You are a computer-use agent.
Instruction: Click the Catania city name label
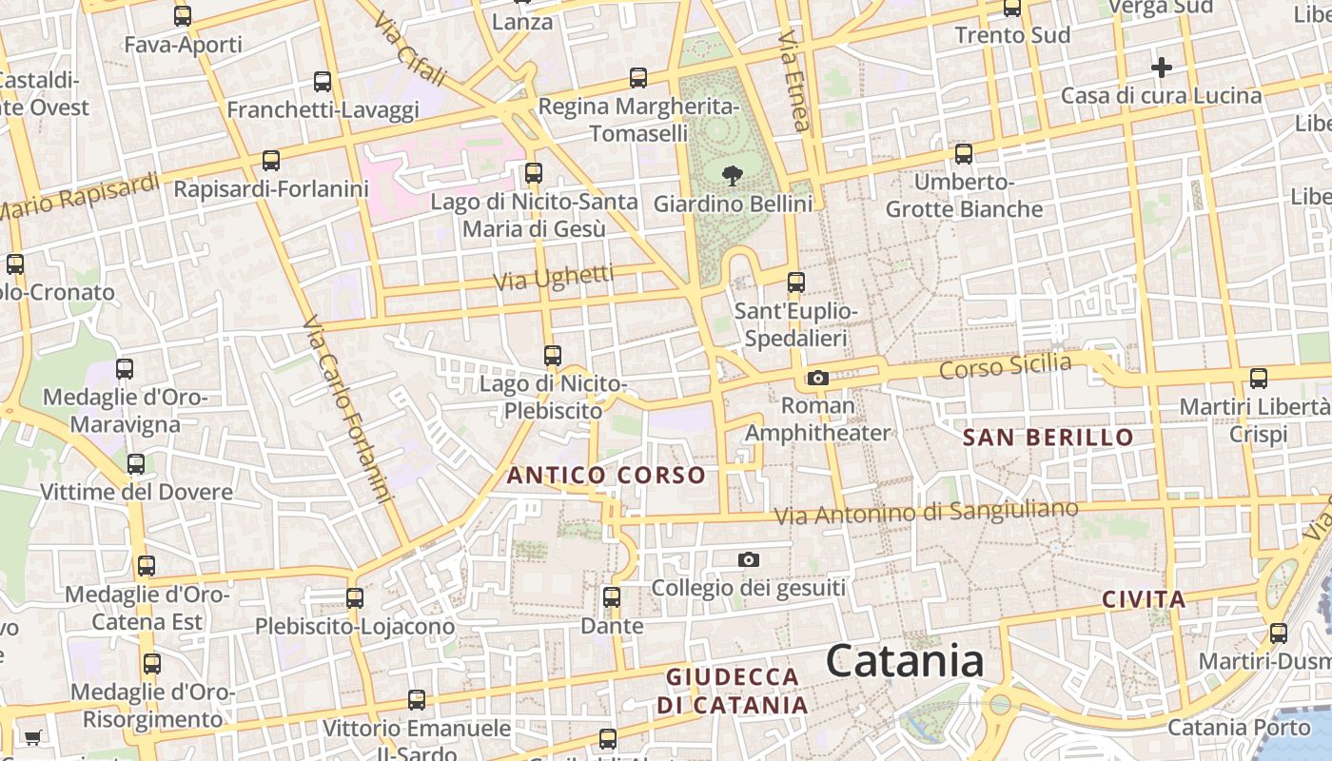[904, 660]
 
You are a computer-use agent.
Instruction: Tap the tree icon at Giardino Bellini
[732, 175]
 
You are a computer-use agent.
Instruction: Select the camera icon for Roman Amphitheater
[817, 378]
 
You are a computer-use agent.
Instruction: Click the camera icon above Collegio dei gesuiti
[749, 559]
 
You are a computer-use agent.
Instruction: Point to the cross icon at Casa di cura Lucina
[1161, 68]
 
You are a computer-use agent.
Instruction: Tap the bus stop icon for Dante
[612, 597]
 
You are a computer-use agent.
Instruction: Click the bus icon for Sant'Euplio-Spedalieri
[796, 283]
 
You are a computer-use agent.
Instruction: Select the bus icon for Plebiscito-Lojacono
[355, 598]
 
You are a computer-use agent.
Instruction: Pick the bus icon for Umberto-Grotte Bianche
[964, 153]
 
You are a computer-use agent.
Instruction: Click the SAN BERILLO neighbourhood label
[1048, 438]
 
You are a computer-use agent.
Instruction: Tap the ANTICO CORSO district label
[606, 475]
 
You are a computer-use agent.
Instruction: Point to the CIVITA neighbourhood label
[1144, 600]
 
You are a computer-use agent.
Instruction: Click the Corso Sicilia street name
[1005, 365]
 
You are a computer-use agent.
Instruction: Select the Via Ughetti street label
[554, 278]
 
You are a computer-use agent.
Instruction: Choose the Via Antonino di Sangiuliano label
[926, 513]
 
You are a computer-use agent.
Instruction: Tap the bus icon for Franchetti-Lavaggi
[323, 82]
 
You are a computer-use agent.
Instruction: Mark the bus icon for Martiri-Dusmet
[1278, 633]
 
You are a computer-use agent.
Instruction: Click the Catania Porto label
[1238, 728]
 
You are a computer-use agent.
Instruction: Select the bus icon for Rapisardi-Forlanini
[271, 160]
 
